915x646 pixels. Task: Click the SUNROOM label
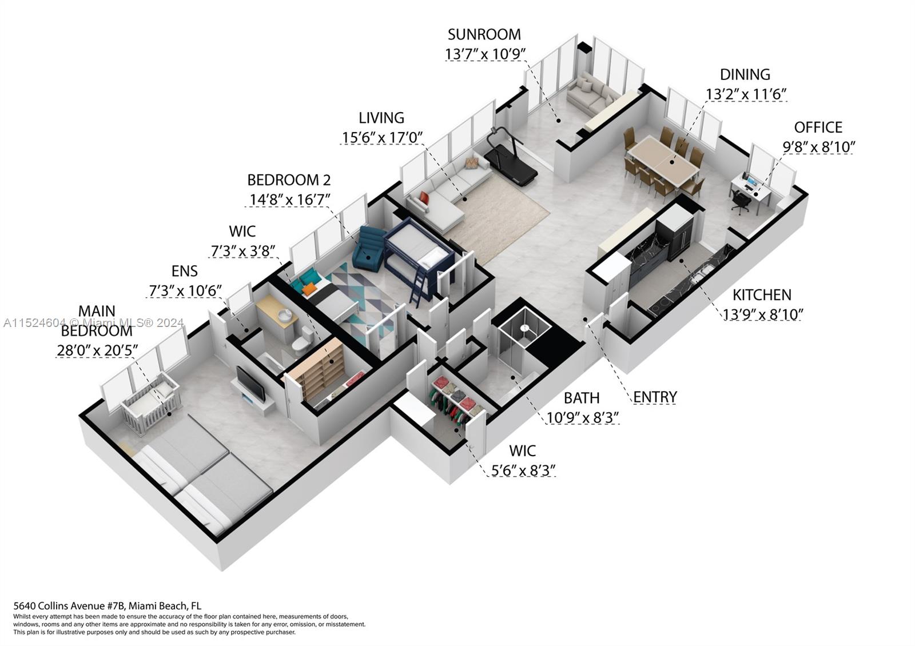[x=484, y=34]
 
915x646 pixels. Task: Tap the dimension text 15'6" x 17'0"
[x=381, y=138]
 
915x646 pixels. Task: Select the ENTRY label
[x=655, y=397]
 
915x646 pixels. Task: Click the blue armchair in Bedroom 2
[x=371, y=249]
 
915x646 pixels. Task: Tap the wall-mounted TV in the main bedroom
[x=250, y=383]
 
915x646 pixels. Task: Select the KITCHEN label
[x=762, y=295]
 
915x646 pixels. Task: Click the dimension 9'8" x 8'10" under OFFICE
[x=818, y=147]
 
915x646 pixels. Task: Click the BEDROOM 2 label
[x=289, y=180]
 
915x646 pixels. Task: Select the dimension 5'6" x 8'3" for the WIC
[x=523, y=470]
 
